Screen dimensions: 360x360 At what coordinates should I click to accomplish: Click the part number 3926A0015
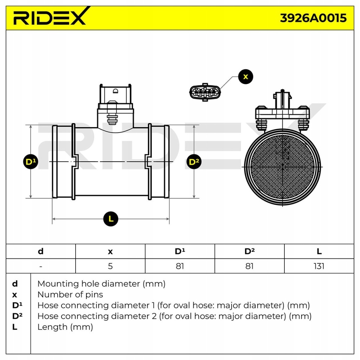coord(313,18)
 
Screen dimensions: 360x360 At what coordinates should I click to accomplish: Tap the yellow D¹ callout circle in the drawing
coord(31,162)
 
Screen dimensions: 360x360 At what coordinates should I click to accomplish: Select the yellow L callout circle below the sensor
coord(111,219)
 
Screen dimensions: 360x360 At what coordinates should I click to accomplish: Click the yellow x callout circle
coord(245,77)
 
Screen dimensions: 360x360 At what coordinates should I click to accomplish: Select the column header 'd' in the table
coord(41,251)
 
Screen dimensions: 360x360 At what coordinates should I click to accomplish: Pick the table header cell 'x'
coord(110,251)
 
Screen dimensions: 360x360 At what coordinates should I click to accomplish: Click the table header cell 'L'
coord(319,251)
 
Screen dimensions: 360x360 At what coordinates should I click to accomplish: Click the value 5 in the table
coord(110,266)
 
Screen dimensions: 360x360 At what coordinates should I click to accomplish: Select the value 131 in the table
coord(319,266)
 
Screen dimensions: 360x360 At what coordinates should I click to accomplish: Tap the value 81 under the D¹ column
coord(180,266)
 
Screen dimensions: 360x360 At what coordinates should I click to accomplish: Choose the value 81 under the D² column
coord(249,266)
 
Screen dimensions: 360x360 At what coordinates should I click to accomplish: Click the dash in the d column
coord(41,266)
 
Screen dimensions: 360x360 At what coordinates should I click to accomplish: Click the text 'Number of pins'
coord(70,295)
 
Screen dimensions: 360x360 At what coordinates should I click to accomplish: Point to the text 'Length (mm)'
coord(65,327)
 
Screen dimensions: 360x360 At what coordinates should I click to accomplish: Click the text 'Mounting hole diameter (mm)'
coord(101,284)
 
